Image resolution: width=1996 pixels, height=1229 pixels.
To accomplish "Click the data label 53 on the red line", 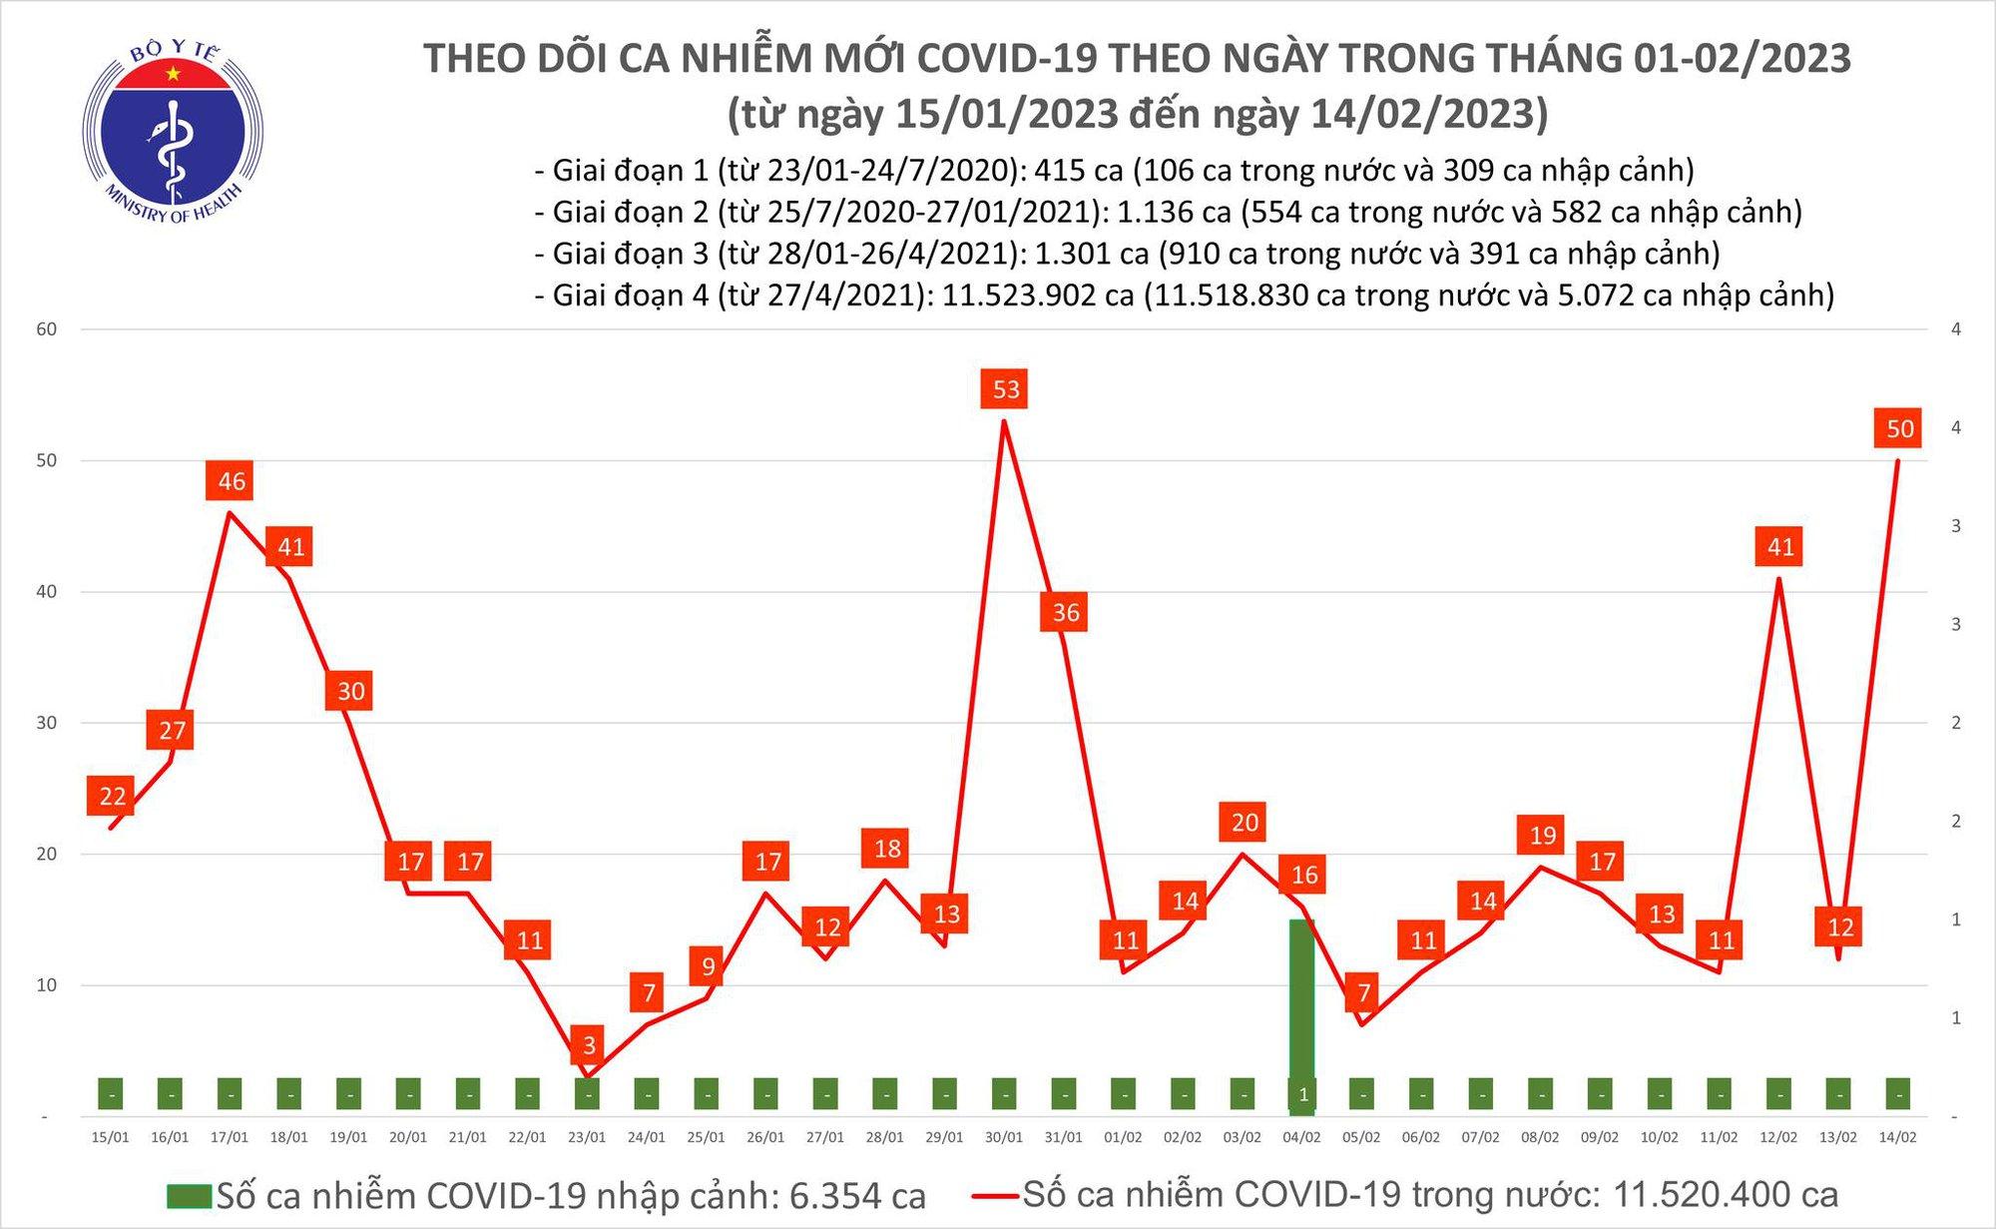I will [x=1006, y=389].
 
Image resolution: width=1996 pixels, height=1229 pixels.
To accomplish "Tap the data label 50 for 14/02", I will [x=1899, y=429].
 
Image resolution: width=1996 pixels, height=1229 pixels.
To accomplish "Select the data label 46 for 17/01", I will [x=232, y=481].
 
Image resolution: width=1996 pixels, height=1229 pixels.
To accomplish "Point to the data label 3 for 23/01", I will [x=589, y=1045].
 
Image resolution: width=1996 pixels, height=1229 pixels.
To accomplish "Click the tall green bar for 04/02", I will [x=1301, y=1008].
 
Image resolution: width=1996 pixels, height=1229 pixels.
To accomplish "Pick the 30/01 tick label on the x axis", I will [x=1004, y=1137].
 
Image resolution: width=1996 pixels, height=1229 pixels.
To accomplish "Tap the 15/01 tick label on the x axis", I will [x=110, y=1137].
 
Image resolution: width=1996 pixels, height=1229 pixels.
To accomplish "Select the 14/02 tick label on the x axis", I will [x=1897, y=1137].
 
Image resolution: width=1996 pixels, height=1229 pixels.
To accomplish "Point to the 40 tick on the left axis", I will [x=47, y=591].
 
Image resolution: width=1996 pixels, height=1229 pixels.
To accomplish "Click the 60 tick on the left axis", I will [x=47, y=329].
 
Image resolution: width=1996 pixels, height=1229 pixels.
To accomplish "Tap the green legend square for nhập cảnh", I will [x=189, y=1196].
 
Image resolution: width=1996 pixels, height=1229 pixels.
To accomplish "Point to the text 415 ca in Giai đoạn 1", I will [x=1079, y=171].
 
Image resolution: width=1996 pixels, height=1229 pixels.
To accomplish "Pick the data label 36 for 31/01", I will [x=1065, y=612].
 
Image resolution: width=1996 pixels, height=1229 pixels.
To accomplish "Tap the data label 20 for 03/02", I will [x=1245, y=822].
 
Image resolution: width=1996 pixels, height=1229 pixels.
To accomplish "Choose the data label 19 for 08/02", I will [x=1542, y=835].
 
